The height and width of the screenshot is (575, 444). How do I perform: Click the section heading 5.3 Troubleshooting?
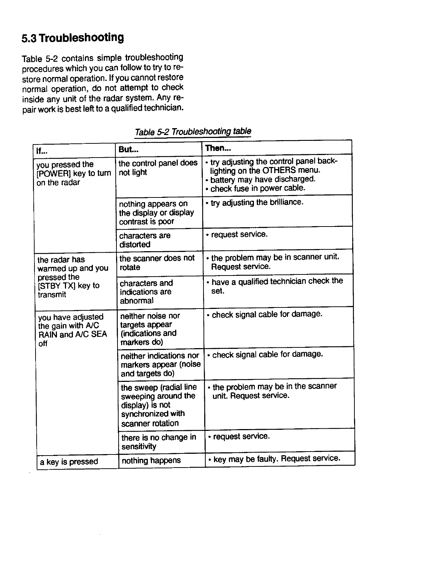(x=73, y=38)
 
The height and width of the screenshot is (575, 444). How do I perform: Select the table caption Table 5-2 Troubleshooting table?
(x=193, y=131)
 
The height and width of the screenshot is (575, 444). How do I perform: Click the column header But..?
(x=129, y=149)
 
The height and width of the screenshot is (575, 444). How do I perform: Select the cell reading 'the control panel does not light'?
(x=158, y=168)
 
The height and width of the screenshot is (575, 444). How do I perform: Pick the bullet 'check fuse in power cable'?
(x=258, y=188)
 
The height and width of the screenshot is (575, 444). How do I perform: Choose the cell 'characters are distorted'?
(x=145, y=240)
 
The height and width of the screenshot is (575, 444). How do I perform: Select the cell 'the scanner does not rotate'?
(x=157, y=262)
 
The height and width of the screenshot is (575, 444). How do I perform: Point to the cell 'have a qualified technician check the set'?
(x=276, y=286)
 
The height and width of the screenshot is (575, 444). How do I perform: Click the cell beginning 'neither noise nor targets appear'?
(x=149, y=329)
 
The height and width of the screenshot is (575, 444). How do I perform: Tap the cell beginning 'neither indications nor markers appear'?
(x=160, y=364)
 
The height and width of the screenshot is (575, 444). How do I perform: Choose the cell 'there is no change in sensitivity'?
(x=158, y=442)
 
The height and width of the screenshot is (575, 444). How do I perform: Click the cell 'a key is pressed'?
(x=69, y=462)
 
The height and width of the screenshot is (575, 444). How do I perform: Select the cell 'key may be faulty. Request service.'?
(x=276, y=459)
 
